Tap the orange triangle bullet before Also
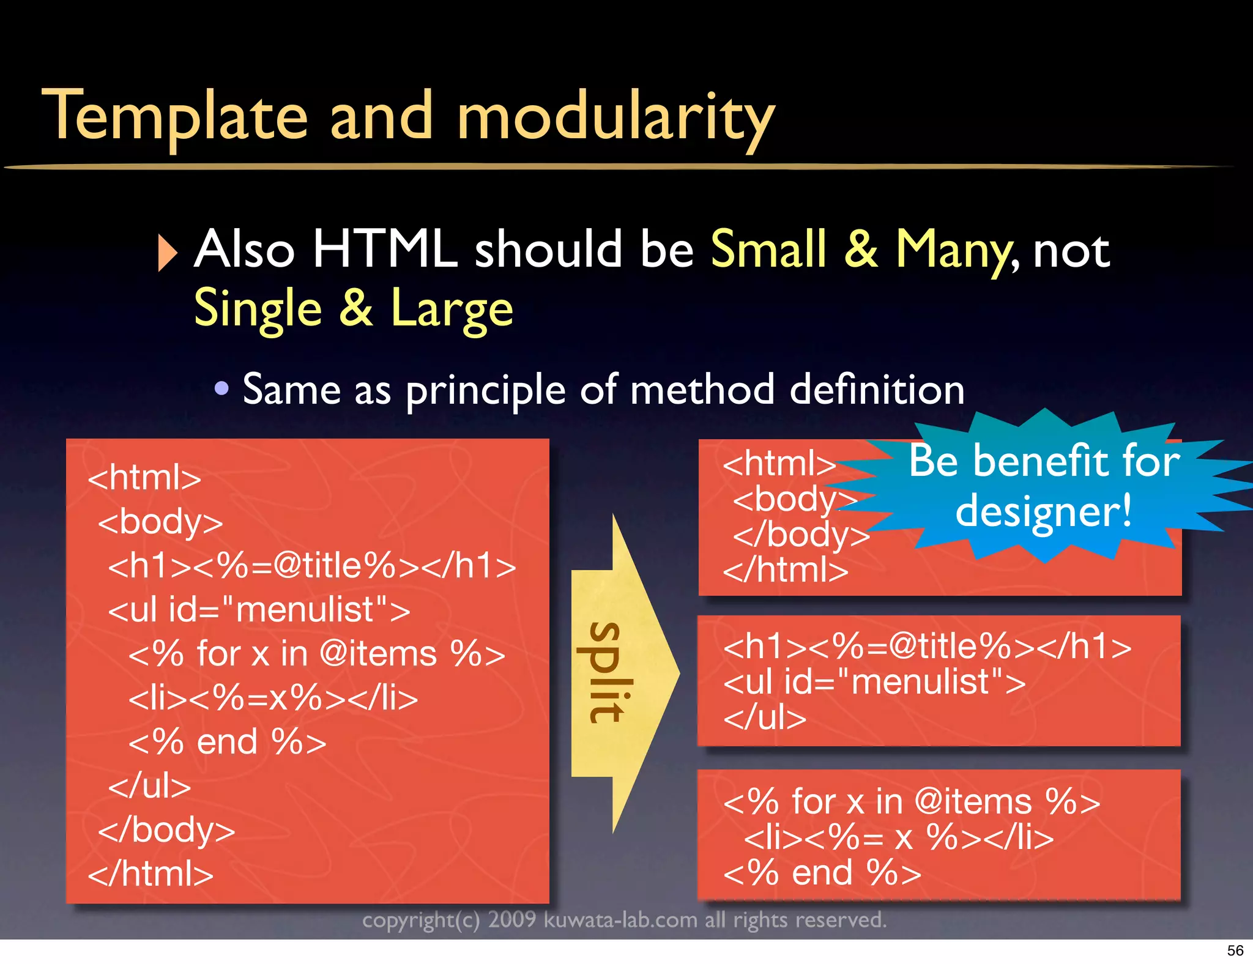tap(166, 252)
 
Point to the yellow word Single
tap(258, 309)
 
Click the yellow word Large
tap(452, 309)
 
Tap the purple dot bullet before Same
tap(221, 388)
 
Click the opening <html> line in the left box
tap(144, 477)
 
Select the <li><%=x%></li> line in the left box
tap(273, 698)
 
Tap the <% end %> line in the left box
tap(227, 742)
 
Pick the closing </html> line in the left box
tap(151, 873)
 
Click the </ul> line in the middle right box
tap(765, 717)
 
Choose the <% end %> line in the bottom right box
tap(822, 873)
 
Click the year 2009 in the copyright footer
tap(511, 920)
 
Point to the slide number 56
tap(1235, 951)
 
